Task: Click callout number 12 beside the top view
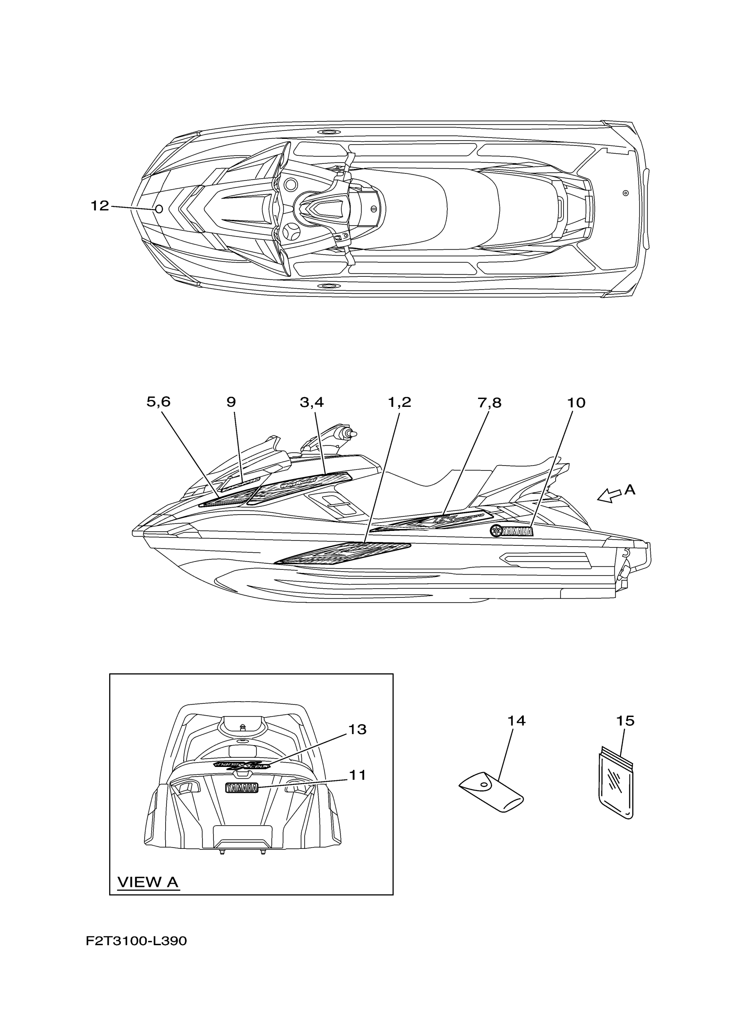100,206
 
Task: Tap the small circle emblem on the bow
159,209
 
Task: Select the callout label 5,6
158,402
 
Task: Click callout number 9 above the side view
231,402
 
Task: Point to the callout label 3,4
312,402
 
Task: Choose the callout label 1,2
399,402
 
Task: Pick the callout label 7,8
489,403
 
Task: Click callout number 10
576,403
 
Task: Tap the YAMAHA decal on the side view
511,531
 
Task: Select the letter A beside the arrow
630,490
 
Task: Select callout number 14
516,721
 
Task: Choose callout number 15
625,721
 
